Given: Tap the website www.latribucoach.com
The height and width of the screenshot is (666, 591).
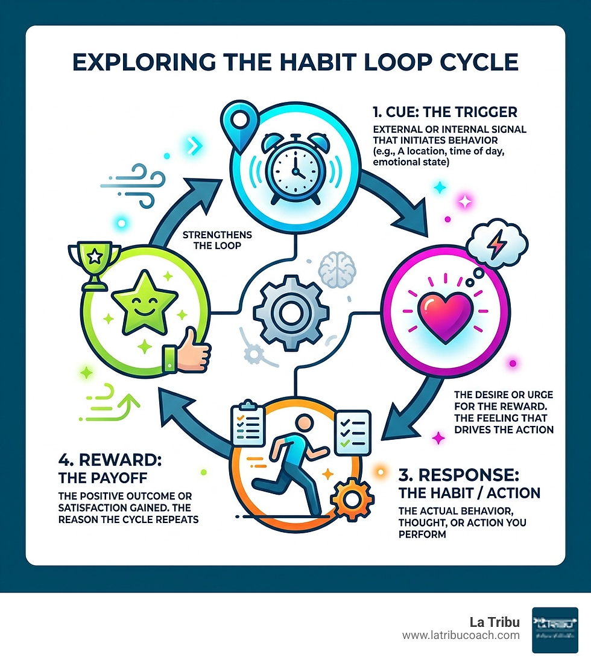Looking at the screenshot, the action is pyautogui.click(x=461, y=635).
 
